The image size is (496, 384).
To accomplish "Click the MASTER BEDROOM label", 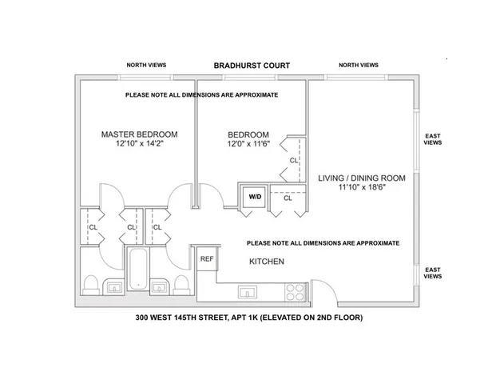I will pyautogui.click(x=139, y=134).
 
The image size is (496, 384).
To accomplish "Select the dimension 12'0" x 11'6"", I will pyautogui.click(x=248, y=144).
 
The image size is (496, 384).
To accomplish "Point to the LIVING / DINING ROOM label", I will pyautogui.click(x=361, y=178).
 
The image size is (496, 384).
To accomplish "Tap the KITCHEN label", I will pyautogui.click(x=267, y=262).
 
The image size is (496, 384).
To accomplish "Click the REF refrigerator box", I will pyautogui.click(x=207, y=259).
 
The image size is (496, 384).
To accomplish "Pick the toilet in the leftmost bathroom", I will pyautogui.click(x=90, y=286).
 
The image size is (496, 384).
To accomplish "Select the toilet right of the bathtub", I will pyautogui.click(x=183, y=286).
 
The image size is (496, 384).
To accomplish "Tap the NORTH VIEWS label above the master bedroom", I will pyautogui.click(x=146, y=65).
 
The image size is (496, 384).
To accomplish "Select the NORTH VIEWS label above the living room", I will pyautogui.click(x=358, y=65).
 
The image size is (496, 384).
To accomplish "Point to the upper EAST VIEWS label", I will pyautogui.click(x=432, y=141).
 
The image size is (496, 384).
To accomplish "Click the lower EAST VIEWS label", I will pyautogui.click(x=432, y=274).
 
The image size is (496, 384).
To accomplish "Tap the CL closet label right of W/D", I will pyautogui.click(x=288, y=198).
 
